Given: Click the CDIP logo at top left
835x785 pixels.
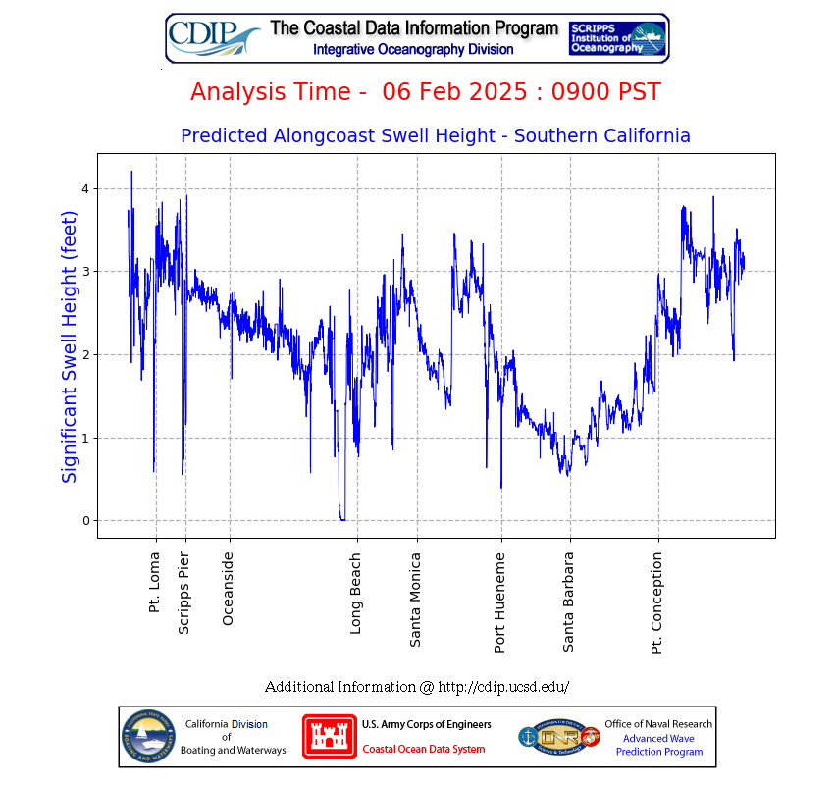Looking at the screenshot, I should (214, 37).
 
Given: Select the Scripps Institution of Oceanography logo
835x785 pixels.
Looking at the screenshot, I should (617, 37).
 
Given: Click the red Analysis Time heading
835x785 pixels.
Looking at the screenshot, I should (425, 92).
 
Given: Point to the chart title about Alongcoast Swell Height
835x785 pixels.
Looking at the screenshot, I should (436, 136).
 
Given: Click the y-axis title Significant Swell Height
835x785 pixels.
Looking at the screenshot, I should (70, 345).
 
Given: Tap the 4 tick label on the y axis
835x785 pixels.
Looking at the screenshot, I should (84, 188).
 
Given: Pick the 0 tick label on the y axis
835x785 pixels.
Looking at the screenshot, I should (84, 521).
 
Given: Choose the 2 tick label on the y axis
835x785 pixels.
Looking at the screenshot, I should (84, 354).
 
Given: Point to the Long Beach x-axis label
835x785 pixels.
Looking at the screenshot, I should (356, 593).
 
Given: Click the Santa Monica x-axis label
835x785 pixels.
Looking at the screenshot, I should (416, 600).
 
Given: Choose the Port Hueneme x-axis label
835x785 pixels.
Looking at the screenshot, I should (500, 602).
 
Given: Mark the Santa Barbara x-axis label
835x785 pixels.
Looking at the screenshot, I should (569, 602).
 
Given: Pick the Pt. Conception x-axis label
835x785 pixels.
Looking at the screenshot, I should (657, 602).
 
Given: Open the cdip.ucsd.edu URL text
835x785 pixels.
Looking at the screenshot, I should (502, 687).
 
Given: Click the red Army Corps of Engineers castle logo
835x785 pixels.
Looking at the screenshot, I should (329, 736).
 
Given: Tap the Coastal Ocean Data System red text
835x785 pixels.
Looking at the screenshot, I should (423, 750).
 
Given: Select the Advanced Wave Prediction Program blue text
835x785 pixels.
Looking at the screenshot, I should (659, 745).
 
